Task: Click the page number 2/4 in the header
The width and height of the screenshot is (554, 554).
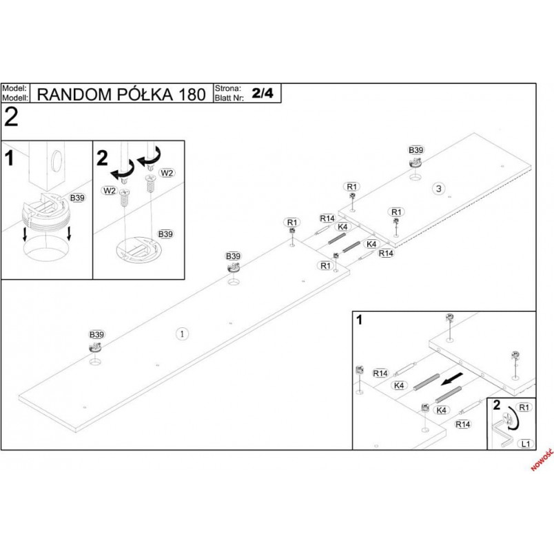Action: [263, 93]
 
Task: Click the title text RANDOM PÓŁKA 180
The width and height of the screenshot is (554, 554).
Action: [121, 94]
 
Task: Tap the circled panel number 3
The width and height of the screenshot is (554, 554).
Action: [438, 189]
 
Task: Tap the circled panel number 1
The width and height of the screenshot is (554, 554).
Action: [182, 334]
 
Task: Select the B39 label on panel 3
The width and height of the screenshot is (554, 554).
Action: [416, 150]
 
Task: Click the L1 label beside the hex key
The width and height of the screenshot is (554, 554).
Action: [526, 444]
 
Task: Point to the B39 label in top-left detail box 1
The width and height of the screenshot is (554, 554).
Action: [77, 198]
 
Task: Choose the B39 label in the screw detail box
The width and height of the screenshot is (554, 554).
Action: [165, 234]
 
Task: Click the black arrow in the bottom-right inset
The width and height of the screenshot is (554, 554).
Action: [451, 378]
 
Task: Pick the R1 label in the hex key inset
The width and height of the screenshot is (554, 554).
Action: [524, 407]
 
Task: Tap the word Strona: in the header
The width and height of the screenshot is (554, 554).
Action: [228, 88]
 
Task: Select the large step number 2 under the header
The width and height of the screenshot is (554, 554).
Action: [11, 117]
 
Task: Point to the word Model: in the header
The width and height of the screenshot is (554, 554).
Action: [14, 88]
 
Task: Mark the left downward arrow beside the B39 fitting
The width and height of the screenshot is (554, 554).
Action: [25, 234]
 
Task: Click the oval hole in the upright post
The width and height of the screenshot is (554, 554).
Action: [57, 161]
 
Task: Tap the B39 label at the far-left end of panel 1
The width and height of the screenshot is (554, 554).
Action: [96, 335]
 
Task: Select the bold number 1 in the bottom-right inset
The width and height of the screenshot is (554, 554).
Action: [360, 320]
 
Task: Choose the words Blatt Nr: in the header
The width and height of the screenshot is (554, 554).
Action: [229, 98]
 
